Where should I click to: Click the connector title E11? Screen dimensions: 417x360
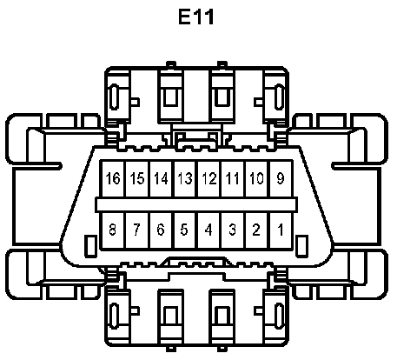click(x=196, y=17)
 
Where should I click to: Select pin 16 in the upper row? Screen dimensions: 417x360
click(x=113, y=178)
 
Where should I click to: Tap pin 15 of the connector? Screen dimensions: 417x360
click(x=137, y=178)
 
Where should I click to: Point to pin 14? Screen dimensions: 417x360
click(x=162, y=178)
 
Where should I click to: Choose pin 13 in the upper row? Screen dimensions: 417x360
click(x=185, y=178)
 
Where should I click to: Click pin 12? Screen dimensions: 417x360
click(x=209, y=178)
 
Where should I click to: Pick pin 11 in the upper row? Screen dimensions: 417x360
click(x=233, y=178)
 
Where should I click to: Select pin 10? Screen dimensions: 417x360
click(x=257, y=178)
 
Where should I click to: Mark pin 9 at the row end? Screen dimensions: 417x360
click(x=281, y=178)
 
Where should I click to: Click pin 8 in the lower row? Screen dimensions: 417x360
click(x=113, y=230)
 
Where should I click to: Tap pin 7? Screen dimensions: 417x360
click(x=137, y=230)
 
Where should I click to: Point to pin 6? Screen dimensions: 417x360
click(x=162, y=230)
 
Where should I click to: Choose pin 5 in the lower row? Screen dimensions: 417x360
click(x=185, y=230)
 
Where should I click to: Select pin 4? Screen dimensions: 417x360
click(x=209, y=230)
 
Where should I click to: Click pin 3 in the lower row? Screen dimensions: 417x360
click(x=233, y=230)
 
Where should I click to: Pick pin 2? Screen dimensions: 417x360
click(x=257, y=230)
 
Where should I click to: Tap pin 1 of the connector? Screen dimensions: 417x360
click(x=281, y=230)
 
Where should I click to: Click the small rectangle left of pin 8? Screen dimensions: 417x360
click(x=90, y=246)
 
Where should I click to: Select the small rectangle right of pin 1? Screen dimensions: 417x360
click(x=301, y=246)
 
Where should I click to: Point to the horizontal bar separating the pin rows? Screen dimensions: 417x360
click(x=196, y=205)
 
